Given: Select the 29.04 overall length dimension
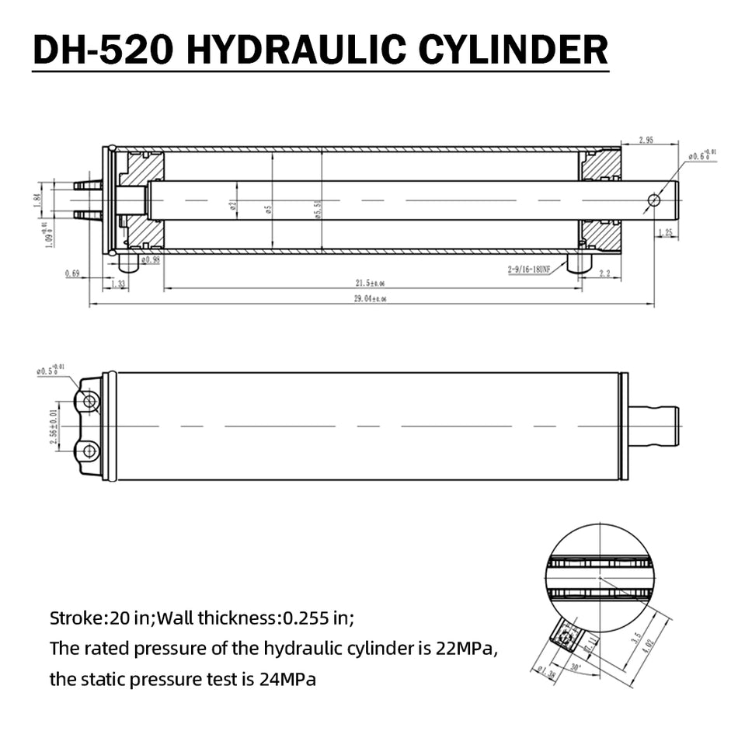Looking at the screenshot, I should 371,298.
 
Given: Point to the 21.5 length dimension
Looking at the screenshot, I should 371,283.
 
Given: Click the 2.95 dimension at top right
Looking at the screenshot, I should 646,140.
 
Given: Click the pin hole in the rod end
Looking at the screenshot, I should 654,200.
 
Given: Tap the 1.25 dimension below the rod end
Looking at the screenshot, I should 665,232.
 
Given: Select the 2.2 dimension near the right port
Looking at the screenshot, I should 604,273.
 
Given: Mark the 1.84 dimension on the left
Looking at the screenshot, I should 36,198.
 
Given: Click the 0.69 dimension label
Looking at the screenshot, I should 72,273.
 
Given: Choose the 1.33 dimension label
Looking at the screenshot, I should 118,285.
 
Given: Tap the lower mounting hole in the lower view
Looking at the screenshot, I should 89,451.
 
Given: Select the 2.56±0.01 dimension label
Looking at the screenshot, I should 54,426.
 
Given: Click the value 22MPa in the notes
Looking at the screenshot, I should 466,648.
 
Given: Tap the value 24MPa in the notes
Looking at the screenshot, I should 287,680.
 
